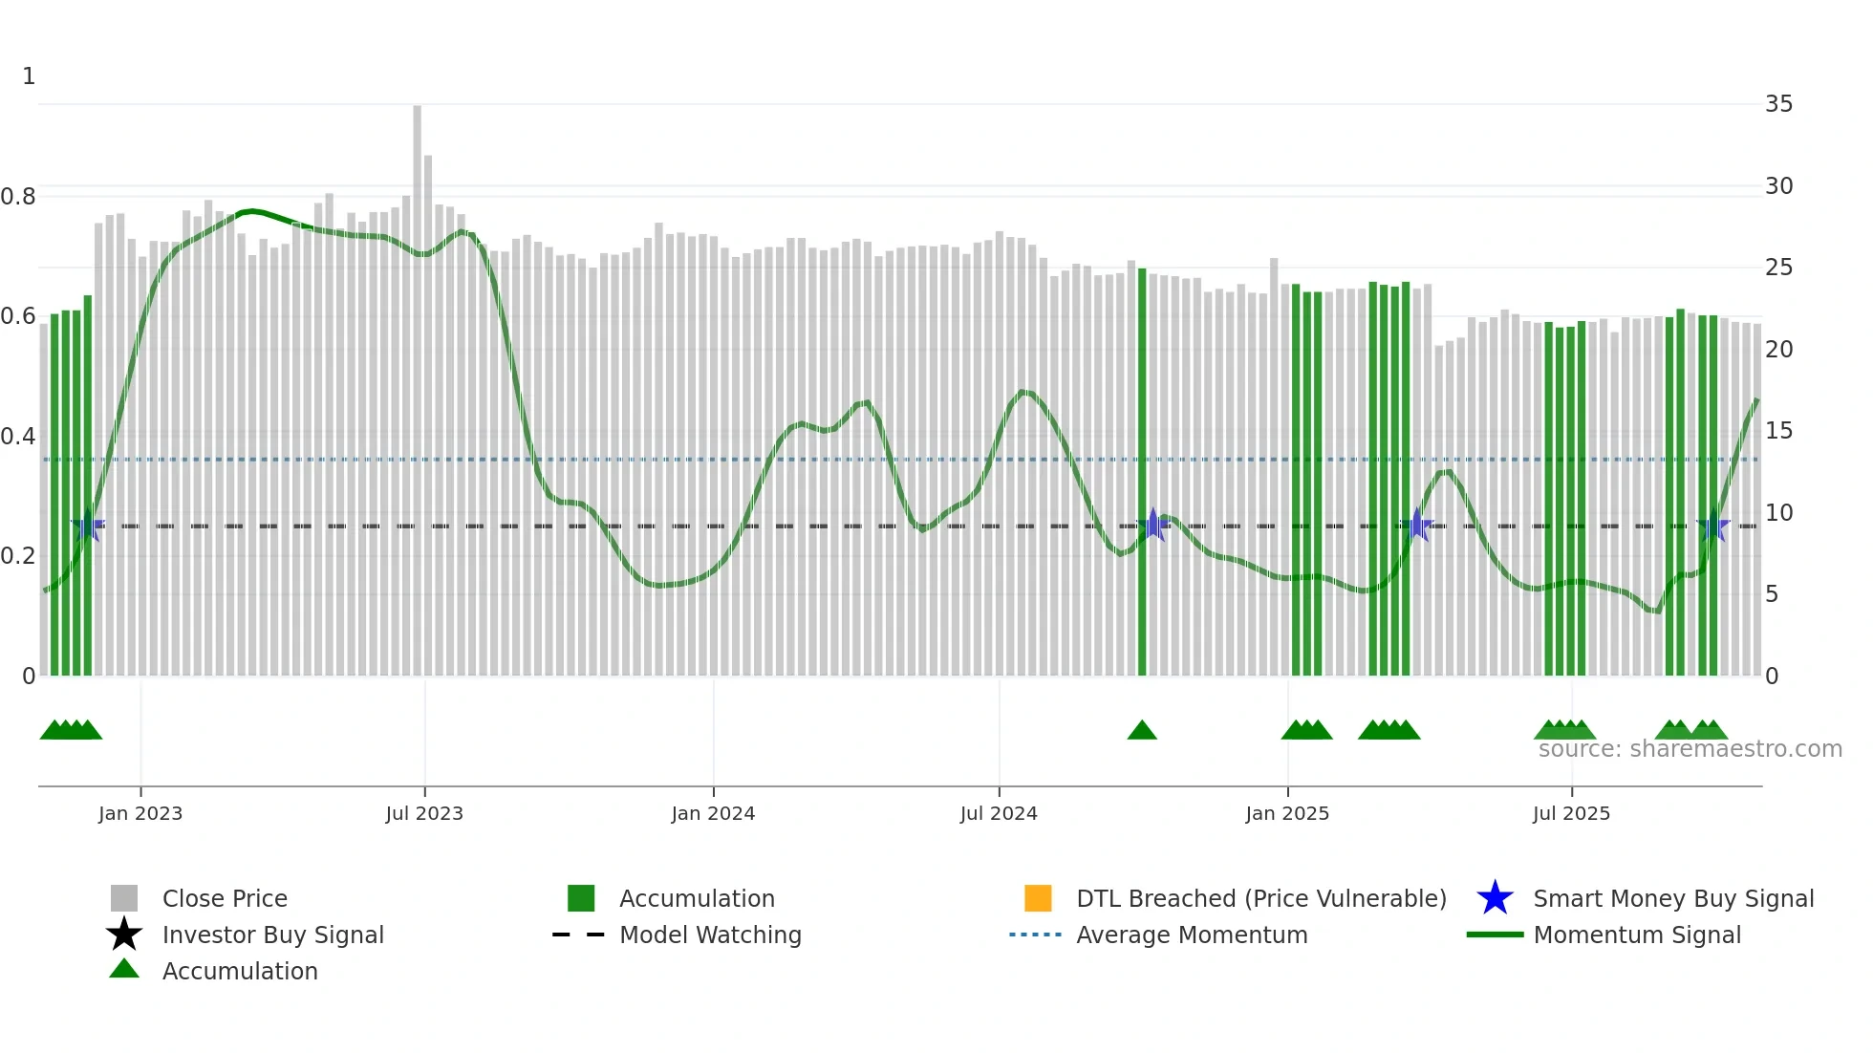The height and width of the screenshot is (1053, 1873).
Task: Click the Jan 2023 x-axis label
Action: [x=140, y=814]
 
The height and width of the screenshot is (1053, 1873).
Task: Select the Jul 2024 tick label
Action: [x=999, y=814]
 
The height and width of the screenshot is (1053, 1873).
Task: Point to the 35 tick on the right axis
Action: [x=1778, y=104]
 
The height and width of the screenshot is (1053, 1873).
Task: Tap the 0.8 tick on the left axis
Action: [x=18, y=197]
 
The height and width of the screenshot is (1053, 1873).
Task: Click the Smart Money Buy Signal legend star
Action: [x=1495, y=898]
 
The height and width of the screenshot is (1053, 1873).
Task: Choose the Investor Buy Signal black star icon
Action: [x=124, y=935]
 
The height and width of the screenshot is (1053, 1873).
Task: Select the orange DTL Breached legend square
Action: [x=1038, y=898]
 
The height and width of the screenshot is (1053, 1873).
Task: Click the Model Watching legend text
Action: [x=710, y=935]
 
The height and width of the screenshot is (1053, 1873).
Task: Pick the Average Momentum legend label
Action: [x=1192, y=935]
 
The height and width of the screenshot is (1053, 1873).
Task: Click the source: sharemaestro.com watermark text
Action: [x=1690, y=749]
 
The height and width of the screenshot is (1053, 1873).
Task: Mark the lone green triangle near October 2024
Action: [x=1142, y=731]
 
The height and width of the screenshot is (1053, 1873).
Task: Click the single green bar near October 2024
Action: [x=1142, y=478]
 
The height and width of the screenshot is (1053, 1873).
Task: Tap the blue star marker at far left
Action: [x=88, y=526]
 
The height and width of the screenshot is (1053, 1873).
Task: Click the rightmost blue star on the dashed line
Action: [x=1712, y=526]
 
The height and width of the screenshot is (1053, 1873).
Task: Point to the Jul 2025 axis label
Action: [x=1571, y=814]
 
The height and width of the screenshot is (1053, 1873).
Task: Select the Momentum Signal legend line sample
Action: [x=1495, y=935]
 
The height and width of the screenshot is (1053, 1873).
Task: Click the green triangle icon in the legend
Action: [x=124, y=970]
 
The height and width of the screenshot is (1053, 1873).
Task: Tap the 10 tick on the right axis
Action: [x=1778, y=513]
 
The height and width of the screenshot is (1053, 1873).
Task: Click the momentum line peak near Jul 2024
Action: [x=1024, y=392]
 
